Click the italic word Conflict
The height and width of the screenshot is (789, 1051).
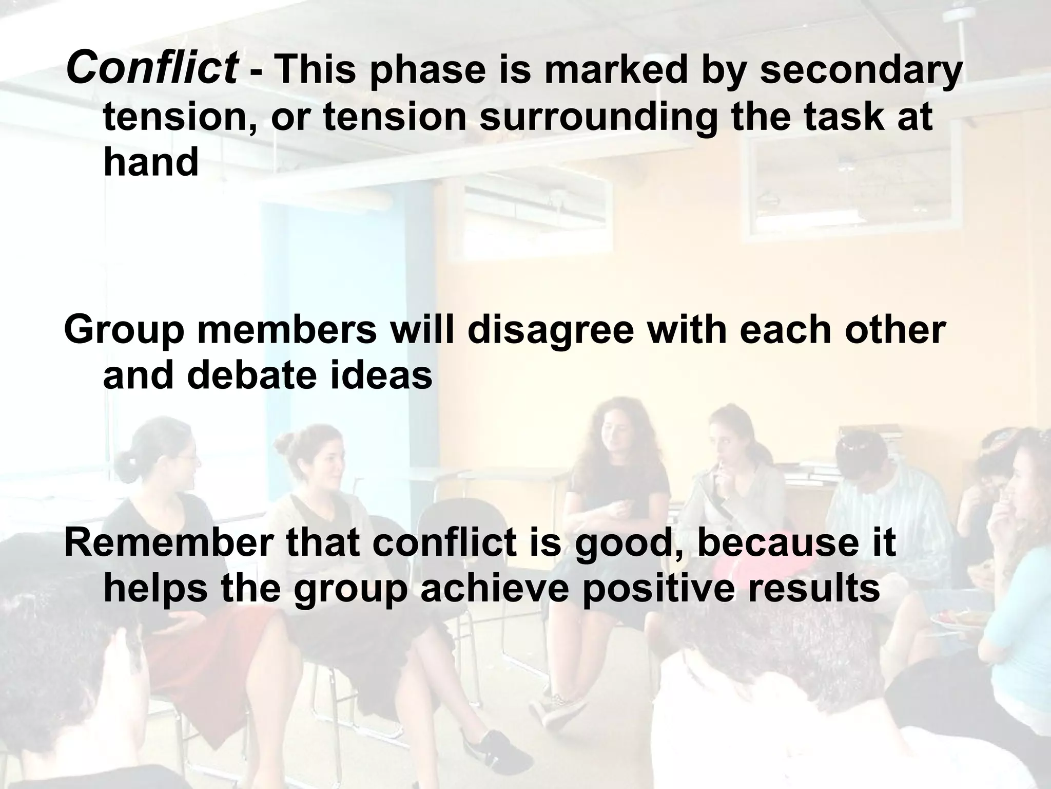(x=152, y=69)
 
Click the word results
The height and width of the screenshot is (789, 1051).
(x=814, y=589)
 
